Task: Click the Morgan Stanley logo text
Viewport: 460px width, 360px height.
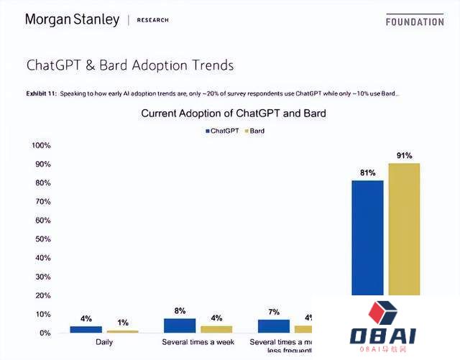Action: pos(72,19)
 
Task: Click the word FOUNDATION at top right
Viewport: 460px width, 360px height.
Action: pos(415,22)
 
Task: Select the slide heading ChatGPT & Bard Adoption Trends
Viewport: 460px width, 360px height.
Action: pos(129,65)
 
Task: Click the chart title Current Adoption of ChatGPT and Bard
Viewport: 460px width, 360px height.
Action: pos(233,114)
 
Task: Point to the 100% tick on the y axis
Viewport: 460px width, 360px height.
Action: pos(41,146)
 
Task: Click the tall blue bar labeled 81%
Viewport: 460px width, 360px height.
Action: pos(367,237)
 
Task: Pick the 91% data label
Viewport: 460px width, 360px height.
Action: pos(404,155)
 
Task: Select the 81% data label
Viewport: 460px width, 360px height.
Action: pos(367,173)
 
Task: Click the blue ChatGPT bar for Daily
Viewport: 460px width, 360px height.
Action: pos(86,329)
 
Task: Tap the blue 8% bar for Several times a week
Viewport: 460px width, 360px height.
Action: pos(180,326)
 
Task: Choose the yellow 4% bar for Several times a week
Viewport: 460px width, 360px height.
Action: pos(216,329)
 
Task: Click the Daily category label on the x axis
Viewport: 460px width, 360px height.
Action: pos(104,342)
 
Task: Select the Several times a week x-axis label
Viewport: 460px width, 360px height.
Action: pos(198,342)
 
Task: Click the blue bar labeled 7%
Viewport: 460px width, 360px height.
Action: pos(274,326)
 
